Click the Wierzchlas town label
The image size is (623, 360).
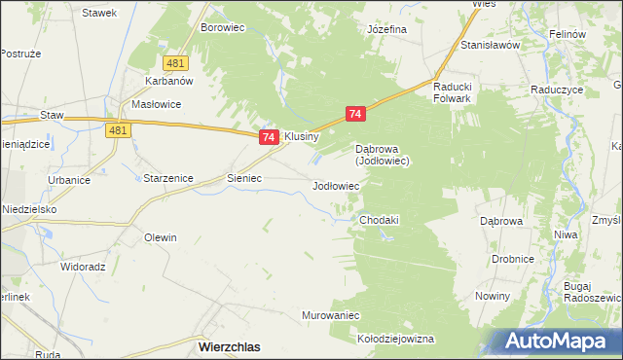(228, 345)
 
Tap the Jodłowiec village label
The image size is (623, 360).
(336, 185)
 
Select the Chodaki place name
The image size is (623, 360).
(379, 220)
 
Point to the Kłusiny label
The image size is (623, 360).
(301, 137)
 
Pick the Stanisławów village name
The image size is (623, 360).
(493, 45)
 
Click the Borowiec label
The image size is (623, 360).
(221, 28)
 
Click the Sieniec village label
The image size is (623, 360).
(243, 179)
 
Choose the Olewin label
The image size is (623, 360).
(161, 237)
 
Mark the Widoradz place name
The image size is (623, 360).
(83, 266)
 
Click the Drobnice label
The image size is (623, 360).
(512, 260)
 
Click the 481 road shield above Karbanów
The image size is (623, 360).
(175, 63)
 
